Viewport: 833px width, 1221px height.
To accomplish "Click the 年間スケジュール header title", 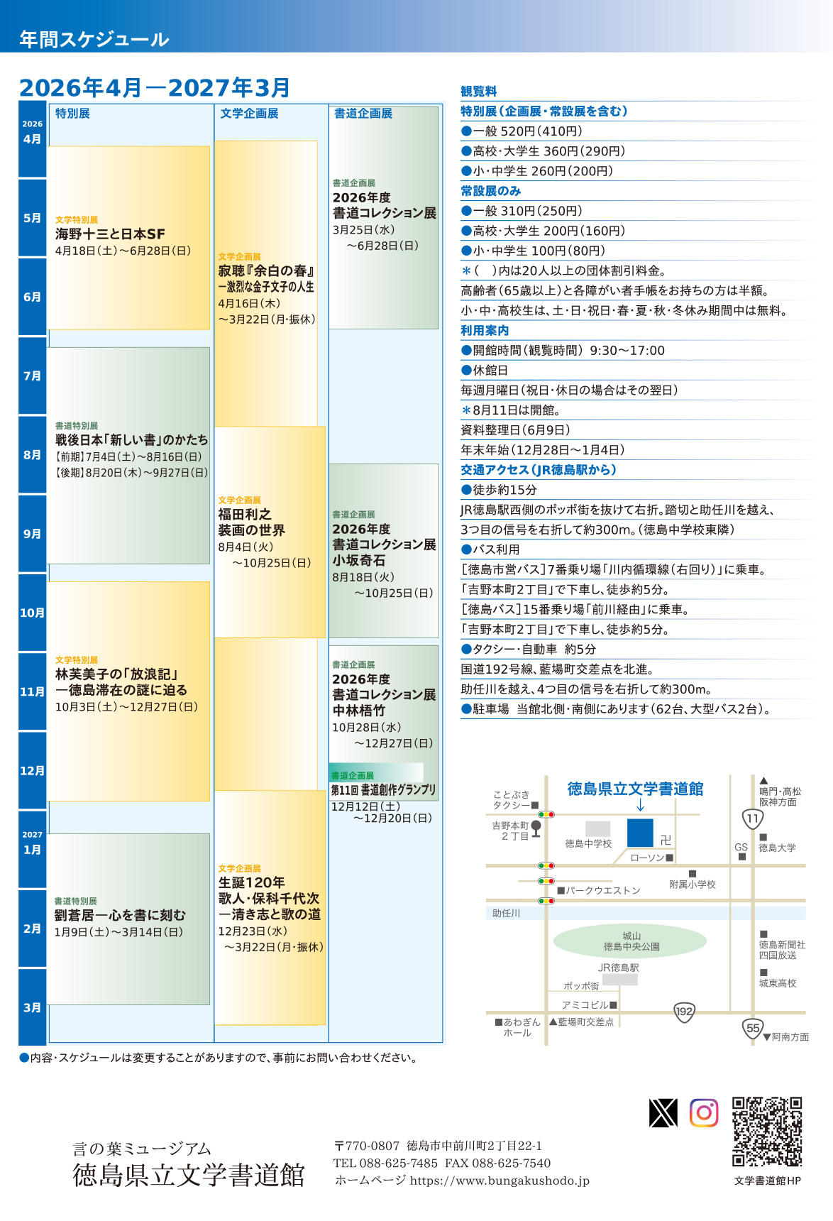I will click(94, 39).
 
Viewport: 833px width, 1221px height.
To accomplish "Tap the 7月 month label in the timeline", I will click(32, 376).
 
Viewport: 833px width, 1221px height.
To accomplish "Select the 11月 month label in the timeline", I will click(32, 691).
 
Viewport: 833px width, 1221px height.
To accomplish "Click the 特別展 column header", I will click(72, 114).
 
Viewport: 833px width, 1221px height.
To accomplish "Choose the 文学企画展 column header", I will click(249, 114).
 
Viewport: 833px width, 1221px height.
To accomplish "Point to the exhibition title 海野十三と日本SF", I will click(110, 234).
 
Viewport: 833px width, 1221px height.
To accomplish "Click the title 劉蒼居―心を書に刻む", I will click(120, 916).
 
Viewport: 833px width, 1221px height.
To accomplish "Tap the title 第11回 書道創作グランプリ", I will click(383, 790).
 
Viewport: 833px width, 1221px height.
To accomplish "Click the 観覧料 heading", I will click(479, 92).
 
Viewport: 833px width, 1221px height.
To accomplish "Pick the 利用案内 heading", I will click(485, 331).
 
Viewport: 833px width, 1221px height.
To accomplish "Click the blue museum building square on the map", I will click(640, 833).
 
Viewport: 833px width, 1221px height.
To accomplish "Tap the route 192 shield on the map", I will click(684, 1012).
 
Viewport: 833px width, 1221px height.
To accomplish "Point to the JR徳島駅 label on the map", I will click(618, 968).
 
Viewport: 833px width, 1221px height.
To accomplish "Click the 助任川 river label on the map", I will click(506, 914).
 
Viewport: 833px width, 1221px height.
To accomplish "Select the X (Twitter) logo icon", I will click(663, 1113).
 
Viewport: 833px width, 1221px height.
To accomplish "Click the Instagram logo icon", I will click(704, 1113).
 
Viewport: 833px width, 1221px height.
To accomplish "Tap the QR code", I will click(767, 1132).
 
